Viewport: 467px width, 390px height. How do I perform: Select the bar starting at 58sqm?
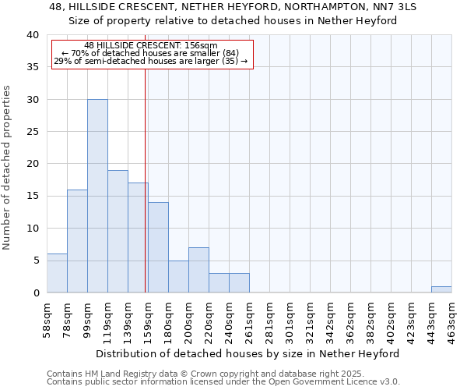click(57, 273)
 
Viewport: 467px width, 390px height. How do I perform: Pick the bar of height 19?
click(118, 231)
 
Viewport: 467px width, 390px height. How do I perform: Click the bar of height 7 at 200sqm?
click(198, 270)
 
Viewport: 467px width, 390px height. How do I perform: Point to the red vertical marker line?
click(146, 179)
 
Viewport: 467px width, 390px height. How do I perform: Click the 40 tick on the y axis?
click(32, 35)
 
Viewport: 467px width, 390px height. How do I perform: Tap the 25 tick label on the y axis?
click(32, 132)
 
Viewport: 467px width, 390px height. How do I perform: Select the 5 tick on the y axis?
click(36, 261)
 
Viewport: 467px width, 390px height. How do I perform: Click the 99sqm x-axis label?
click(88, 318)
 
